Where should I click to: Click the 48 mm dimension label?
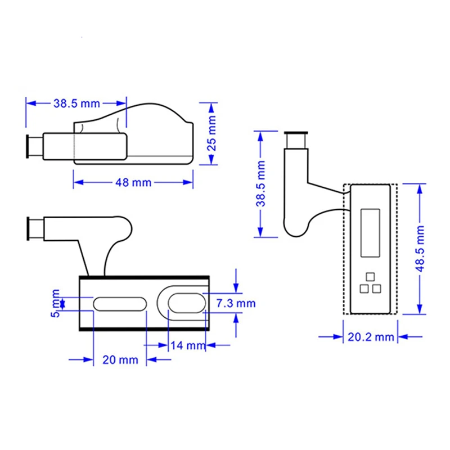point(133,182)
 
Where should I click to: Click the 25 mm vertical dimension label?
point(212,133)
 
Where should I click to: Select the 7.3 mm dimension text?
point(236,303)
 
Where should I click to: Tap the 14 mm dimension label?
point(188,345)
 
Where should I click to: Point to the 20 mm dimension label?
point(120,359)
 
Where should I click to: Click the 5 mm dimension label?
point(55,303)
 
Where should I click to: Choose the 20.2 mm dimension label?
point(371,337)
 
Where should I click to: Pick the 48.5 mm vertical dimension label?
point(420,249)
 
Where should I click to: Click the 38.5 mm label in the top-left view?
point(76,103)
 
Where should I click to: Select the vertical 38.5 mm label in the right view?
point(260,184)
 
